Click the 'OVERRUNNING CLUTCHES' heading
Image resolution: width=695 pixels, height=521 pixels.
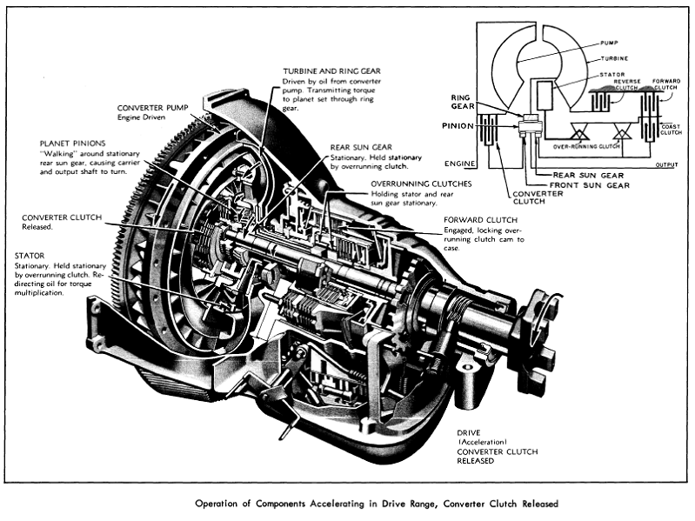pos(421,184)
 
